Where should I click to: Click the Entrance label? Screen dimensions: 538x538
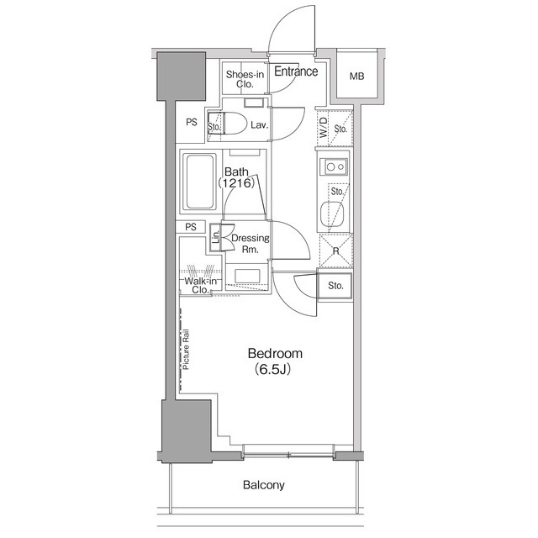(296, 71)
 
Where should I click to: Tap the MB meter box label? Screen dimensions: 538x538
(356, 76)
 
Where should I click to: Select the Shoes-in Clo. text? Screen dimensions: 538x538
(245, 79)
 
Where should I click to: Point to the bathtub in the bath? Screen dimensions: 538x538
(199, 182)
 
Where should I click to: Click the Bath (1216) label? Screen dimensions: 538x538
(237, 177)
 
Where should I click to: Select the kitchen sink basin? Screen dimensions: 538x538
(332, 214)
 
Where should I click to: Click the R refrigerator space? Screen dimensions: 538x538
(336, 251)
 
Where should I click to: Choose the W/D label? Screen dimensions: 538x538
(324, 127)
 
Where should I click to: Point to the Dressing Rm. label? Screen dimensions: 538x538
(251, 244)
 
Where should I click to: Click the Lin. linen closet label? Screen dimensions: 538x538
(216, 237)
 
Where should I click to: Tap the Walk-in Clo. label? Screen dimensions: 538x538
(200, 286)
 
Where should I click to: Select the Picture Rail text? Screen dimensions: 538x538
(187, 350)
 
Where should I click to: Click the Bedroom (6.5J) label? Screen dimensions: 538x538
(275, 361)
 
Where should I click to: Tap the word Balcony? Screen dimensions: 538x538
(264, 485)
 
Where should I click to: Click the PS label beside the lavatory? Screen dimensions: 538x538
(192, 122)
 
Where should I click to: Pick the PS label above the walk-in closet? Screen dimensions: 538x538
(191, 227)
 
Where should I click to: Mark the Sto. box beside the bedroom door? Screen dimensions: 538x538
(335, 286)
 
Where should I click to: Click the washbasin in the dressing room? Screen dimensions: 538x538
(247, 277)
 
